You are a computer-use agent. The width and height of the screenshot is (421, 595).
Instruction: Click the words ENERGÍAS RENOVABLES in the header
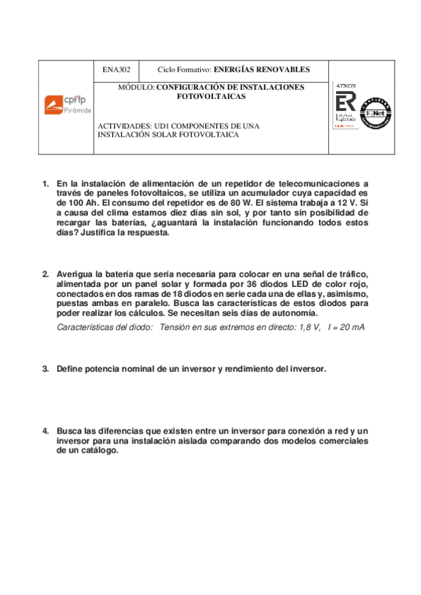[261, 70]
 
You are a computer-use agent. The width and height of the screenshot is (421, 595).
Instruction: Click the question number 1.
[45, 185]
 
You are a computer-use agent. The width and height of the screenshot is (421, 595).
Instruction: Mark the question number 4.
[45, 430]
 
